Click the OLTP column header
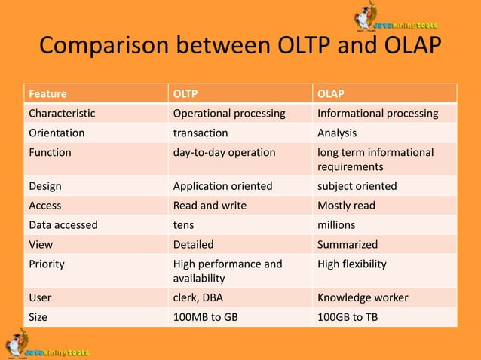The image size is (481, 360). click(188, 94)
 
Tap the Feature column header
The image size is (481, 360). click(47, 94)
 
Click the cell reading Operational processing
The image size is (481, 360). click(229, 114)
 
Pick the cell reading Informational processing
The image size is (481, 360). click(378, 114)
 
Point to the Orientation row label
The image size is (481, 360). click(57, 133)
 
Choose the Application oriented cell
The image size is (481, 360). click(222, 185)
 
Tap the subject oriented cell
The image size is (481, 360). click(357, 185)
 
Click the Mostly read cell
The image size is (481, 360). click(346, 205)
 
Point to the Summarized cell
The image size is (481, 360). click(348, 244)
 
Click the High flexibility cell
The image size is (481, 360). click(352, 264)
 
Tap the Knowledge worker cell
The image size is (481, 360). click(363, 297)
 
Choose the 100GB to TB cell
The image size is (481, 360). click(348, 317)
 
